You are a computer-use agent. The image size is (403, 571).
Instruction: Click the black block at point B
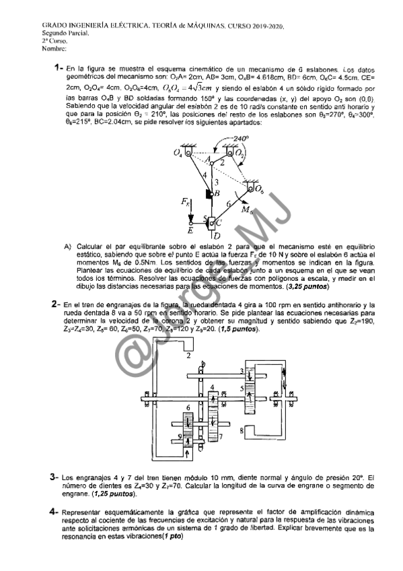tap(209, 194)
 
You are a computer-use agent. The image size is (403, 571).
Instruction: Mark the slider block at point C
tap(212, 222)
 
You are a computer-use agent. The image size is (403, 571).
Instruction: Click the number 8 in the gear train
tap(240, 429)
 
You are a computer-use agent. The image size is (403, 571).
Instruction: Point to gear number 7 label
tap(221, 438)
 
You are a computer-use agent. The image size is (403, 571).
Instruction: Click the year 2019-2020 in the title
tap(260, 26)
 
